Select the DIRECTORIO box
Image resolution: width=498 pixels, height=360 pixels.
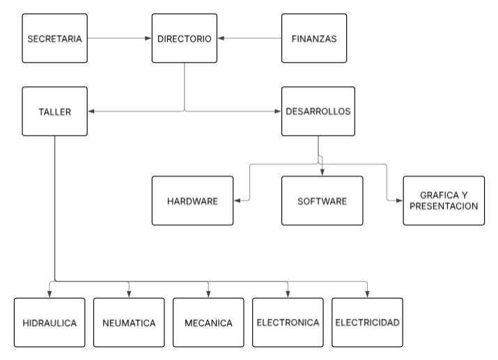185,38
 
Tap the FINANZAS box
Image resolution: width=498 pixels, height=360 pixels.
314,38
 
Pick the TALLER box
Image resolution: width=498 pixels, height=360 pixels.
55,111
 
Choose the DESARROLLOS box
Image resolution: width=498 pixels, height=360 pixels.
318,111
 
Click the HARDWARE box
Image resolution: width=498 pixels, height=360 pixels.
192,201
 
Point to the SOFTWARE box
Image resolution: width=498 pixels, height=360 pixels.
322,201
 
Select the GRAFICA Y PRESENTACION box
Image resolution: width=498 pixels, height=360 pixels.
444,201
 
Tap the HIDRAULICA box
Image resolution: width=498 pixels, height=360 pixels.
49,322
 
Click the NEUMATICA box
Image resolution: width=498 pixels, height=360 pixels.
129,322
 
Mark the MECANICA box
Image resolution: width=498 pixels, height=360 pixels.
208,322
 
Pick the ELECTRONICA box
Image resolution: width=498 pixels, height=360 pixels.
288,322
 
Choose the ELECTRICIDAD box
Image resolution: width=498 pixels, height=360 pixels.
367,322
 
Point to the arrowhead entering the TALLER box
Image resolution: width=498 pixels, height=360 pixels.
92,111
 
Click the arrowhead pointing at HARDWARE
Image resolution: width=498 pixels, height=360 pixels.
236,201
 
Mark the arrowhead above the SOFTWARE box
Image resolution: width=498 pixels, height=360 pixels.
322,173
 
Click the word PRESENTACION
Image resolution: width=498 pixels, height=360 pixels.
444,206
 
